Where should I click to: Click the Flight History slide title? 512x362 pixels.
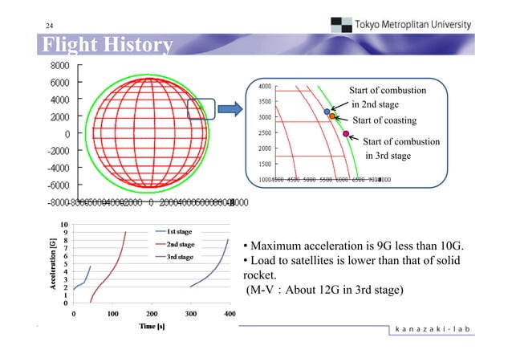pos(103,45)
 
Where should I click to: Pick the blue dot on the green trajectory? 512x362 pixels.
pos(327,112)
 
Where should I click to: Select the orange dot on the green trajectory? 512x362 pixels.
pos(331,117)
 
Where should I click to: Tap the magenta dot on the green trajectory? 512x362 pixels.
pos(346,134)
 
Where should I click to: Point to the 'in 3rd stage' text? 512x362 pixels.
pos(388,156)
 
